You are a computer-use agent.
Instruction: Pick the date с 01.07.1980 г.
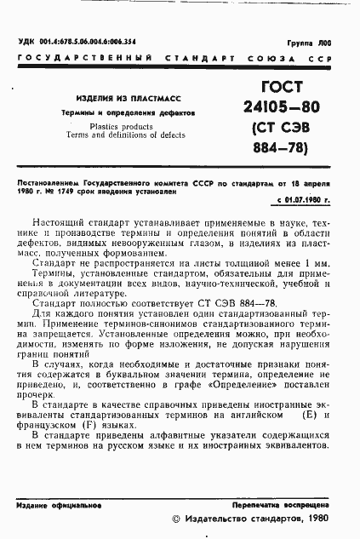coord(304,199)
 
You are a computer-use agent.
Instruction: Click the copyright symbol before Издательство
coord(177,519)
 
